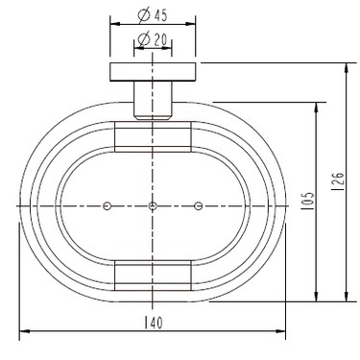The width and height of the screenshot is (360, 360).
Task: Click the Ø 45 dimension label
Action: click(152, 15)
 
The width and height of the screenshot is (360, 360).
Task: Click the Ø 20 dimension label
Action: click(152, 39)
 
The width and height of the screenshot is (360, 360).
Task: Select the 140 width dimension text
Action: click(154, 323)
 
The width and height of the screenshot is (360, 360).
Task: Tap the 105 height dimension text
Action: click(307, 201)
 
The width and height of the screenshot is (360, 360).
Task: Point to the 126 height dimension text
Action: click(338, 181)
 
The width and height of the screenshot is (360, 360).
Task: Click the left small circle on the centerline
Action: click(108, 205)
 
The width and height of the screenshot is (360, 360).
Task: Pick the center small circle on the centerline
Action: click(153, 205)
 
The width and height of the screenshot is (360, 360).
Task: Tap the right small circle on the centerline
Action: click(199, 205)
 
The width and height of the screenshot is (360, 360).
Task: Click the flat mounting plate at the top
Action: click(153, 72)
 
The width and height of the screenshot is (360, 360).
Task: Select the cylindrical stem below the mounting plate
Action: click(153, 101)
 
